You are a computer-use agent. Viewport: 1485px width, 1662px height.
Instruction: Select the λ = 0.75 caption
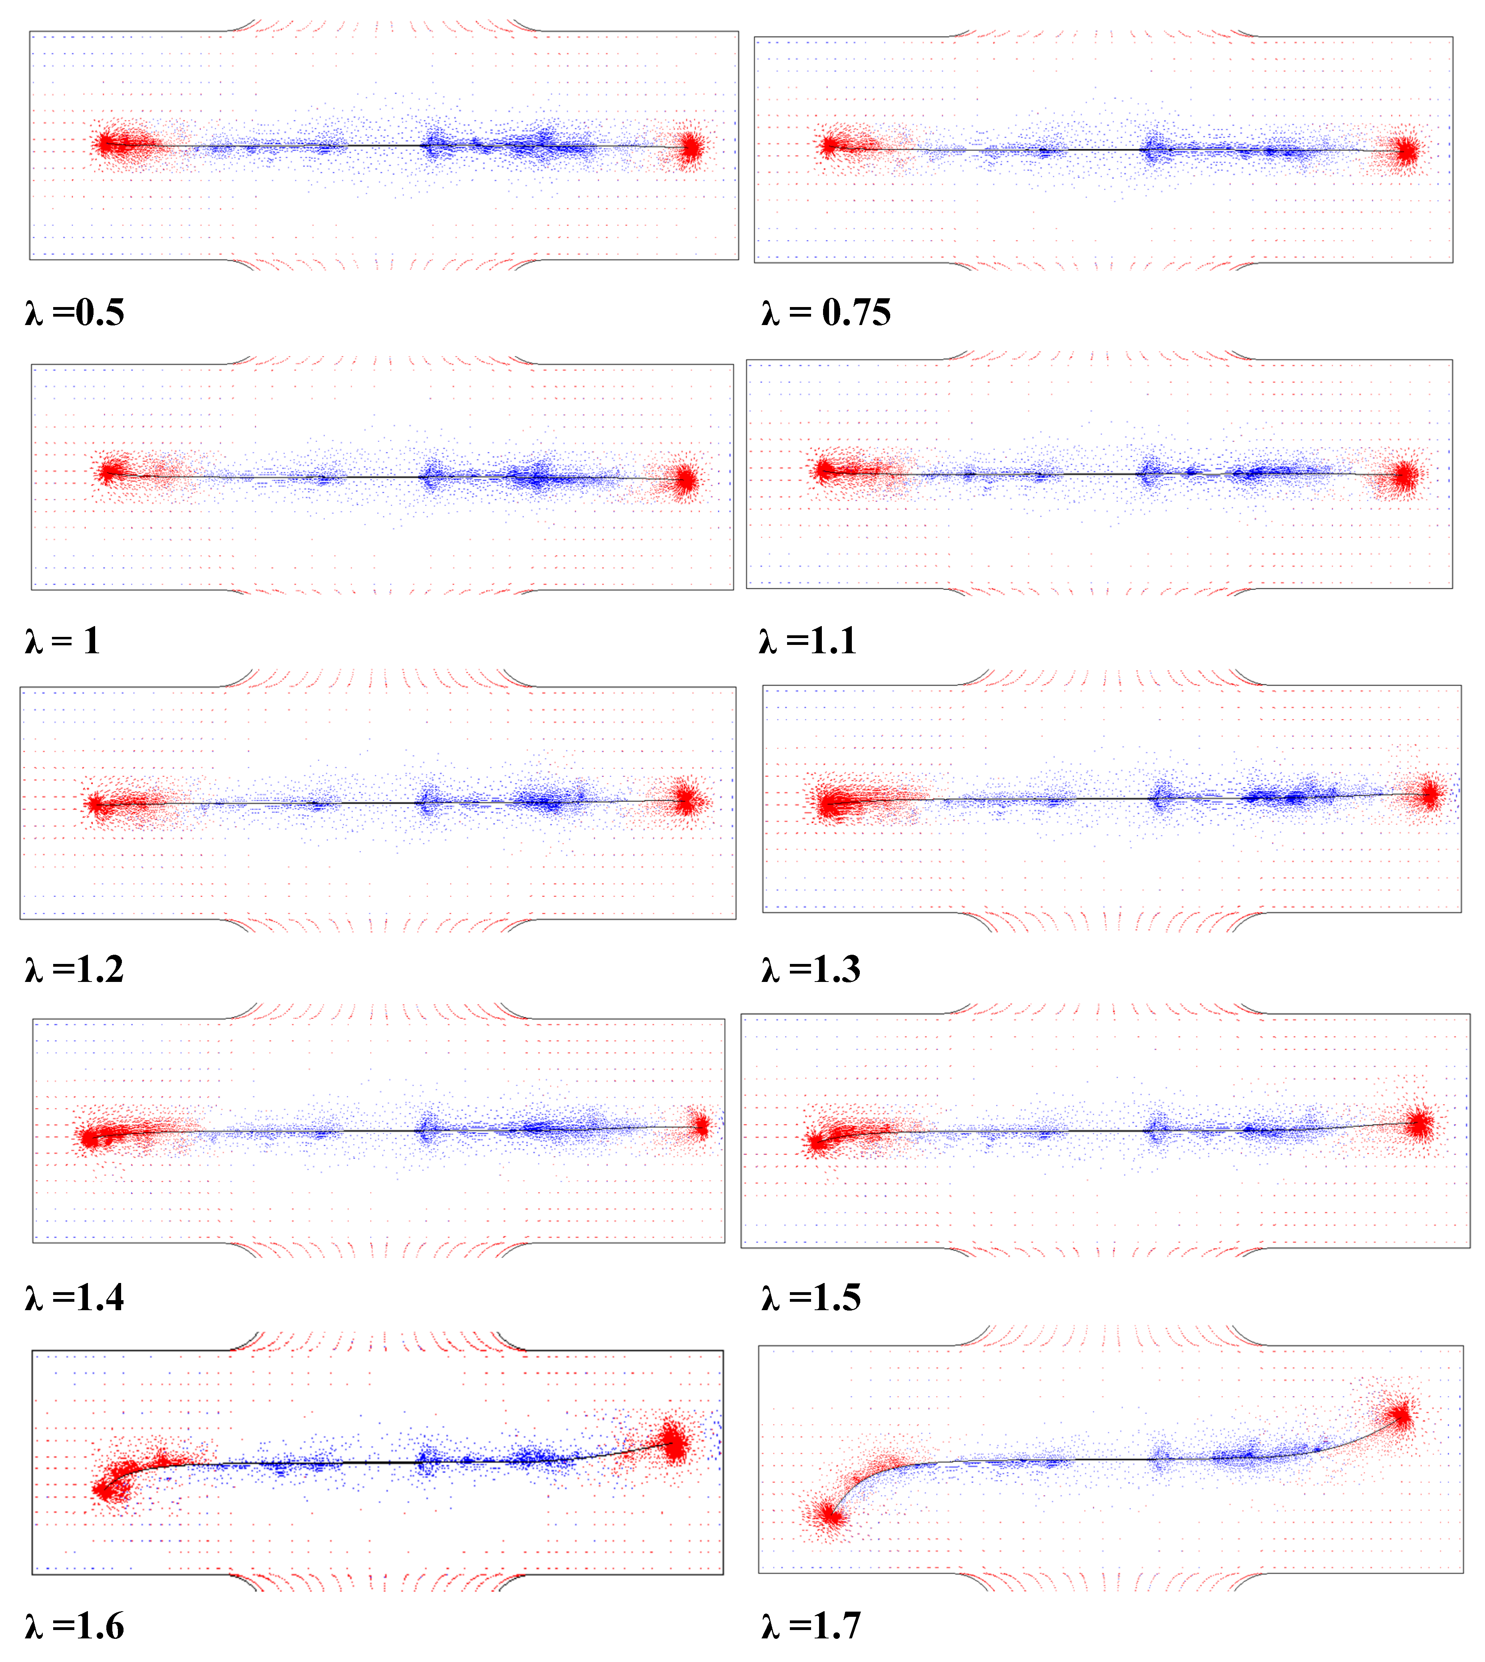click(x=826, y=313)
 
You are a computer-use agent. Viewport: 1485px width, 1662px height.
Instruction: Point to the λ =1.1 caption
click(x=808, y=640)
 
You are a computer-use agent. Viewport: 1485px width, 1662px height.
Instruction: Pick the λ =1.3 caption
click(x=811, y=969)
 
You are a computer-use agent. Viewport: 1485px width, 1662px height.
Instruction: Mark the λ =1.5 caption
click(x=811, y=1297)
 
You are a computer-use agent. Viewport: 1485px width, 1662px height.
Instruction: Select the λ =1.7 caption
click(x=811, y=1626)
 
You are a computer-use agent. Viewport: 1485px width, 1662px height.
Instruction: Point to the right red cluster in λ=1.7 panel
click(x=1401, y=1416)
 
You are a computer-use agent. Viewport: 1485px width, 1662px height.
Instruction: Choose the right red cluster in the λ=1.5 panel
click(x=1419, y=1124)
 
